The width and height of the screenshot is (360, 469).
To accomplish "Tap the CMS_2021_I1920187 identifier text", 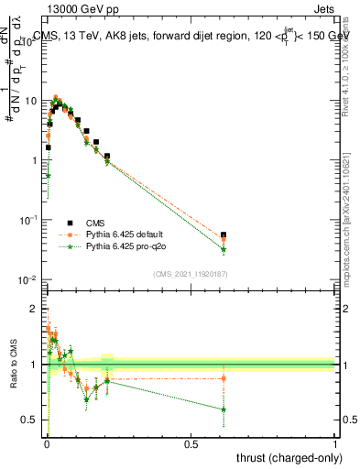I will point(191,273).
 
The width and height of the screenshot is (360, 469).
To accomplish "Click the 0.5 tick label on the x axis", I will point(191,444).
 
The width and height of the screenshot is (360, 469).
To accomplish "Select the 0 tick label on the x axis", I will point(47,444).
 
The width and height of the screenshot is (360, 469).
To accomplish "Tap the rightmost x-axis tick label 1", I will point(335,444).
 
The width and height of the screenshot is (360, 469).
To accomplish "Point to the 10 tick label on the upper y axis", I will point(32,100).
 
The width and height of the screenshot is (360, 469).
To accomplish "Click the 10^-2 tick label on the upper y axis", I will point(30,279).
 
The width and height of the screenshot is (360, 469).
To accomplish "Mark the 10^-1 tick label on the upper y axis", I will point(30,220).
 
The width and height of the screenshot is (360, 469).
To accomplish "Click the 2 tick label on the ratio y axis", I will point(38,309).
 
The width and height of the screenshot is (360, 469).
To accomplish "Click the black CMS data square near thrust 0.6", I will point(224,234).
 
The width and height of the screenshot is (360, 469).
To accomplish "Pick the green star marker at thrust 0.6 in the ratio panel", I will point(224,409).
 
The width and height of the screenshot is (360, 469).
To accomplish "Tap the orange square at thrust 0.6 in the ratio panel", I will point(224,378).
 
